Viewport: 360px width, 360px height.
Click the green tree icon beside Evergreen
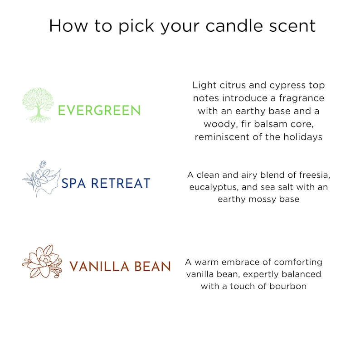click(38, 104)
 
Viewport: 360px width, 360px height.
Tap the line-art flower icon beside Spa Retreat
click(42, 179)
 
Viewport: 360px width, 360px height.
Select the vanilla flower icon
click(42, 261)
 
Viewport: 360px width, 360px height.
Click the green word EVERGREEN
click(99, 110)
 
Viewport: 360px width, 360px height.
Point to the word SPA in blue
click(73, 183)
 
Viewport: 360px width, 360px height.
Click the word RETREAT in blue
click(121, 183)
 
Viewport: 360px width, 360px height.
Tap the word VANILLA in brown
click(99, 266)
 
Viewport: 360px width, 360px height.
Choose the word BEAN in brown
click(153, 266)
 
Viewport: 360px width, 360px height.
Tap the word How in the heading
click(68, 26)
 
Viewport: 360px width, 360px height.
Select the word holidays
click(303, 137)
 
